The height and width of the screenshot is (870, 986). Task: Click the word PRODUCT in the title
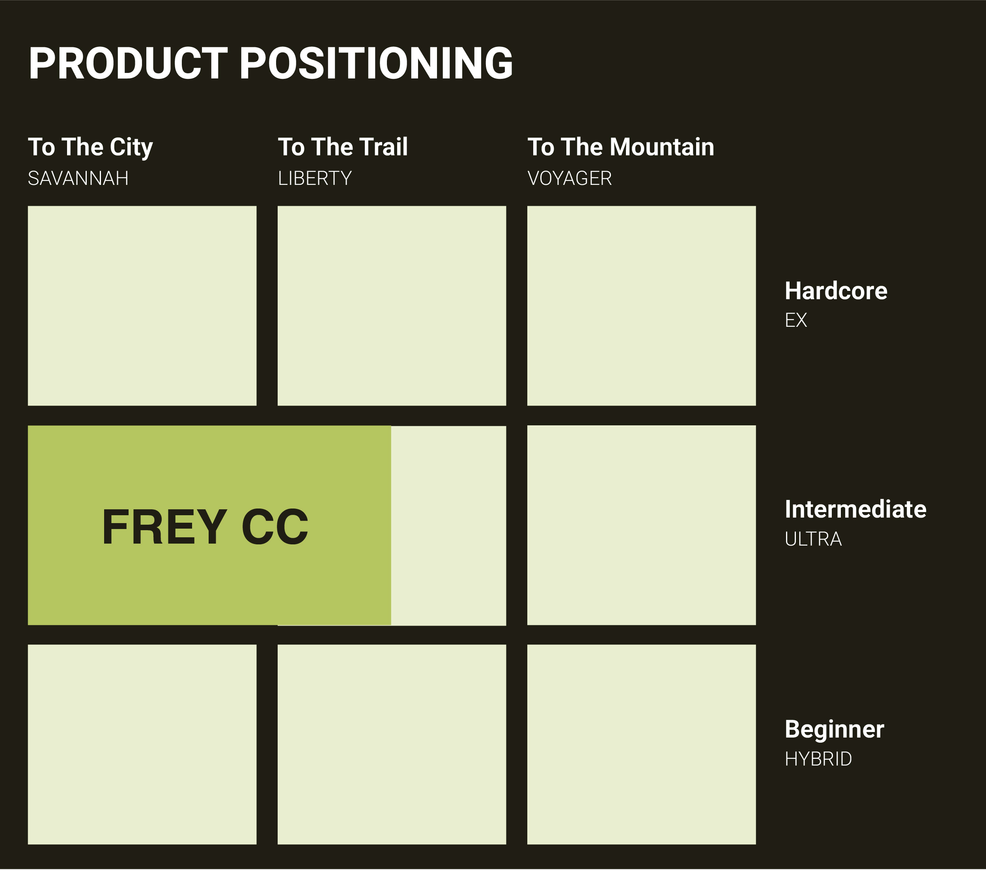click(x=128, y=63)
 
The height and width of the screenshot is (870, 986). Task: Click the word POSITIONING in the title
click(x=376, y=63)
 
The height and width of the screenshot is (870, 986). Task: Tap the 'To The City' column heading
click(x=91, y=147)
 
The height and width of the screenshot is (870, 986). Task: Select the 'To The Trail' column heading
click(x=343, y=147)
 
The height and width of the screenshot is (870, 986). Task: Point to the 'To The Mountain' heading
click(x=621, y=147)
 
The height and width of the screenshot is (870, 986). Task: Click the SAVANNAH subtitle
click(x=78, y=179)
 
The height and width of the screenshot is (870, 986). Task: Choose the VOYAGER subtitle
click(x=570, y=179)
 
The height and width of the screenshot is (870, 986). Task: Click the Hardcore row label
click(x=836, y=291)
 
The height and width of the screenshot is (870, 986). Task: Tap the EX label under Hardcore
click(x=796, y=320)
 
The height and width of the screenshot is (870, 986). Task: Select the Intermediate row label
click(x=856, y=509)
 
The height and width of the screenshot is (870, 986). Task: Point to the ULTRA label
click(x=813, y=539)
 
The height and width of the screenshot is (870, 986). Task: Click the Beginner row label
click(x=835, y=730)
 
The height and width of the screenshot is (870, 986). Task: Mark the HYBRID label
click(x=818, y=759)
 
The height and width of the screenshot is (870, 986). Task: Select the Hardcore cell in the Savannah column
click(x=142, y=306)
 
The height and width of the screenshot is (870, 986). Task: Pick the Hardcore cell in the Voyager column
click(x=642, y=306)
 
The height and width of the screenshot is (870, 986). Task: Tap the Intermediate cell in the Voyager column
click(x=642, y=525)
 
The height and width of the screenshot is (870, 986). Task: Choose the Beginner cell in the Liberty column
click(x=392, y=745)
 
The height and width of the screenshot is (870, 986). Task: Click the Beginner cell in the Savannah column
click(x=142, y=745)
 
